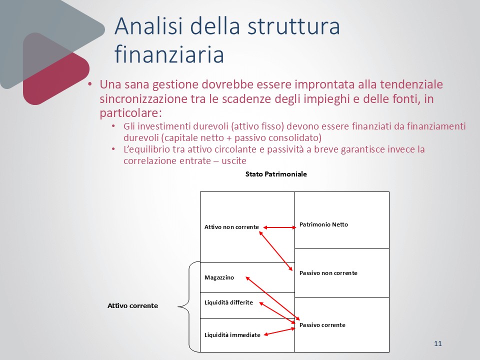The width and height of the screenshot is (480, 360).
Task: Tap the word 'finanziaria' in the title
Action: tap(169, 54)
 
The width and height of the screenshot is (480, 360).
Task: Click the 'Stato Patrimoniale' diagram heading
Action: tap(276, 174)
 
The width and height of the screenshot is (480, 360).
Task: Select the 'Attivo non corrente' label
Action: tap(231, 227)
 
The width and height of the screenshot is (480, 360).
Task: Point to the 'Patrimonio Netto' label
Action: tap(323, 224)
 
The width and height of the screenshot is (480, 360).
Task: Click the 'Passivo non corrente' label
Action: tap(328, 273)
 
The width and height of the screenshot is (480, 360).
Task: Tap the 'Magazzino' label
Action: tap(219, 277)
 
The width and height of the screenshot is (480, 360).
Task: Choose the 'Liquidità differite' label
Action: tap(228, 302)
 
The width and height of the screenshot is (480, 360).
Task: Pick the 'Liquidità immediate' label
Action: tap(232, 335)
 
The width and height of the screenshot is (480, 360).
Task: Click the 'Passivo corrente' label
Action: tap(322, 325)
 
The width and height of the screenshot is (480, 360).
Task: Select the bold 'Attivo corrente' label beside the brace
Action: tap(133, 306)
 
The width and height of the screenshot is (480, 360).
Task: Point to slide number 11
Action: tap(438, 343)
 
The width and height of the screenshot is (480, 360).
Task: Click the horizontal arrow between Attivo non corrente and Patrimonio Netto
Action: tap(280, 227)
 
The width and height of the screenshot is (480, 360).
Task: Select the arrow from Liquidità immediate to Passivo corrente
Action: tap(279, 332)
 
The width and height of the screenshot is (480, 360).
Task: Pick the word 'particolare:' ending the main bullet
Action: tap(130, 113)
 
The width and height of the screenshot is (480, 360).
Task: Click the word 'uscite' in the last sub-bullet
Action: tap(234, 160)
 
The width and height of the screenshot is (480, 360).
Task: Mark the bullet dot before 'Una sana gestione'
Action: tap(89, 84)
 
